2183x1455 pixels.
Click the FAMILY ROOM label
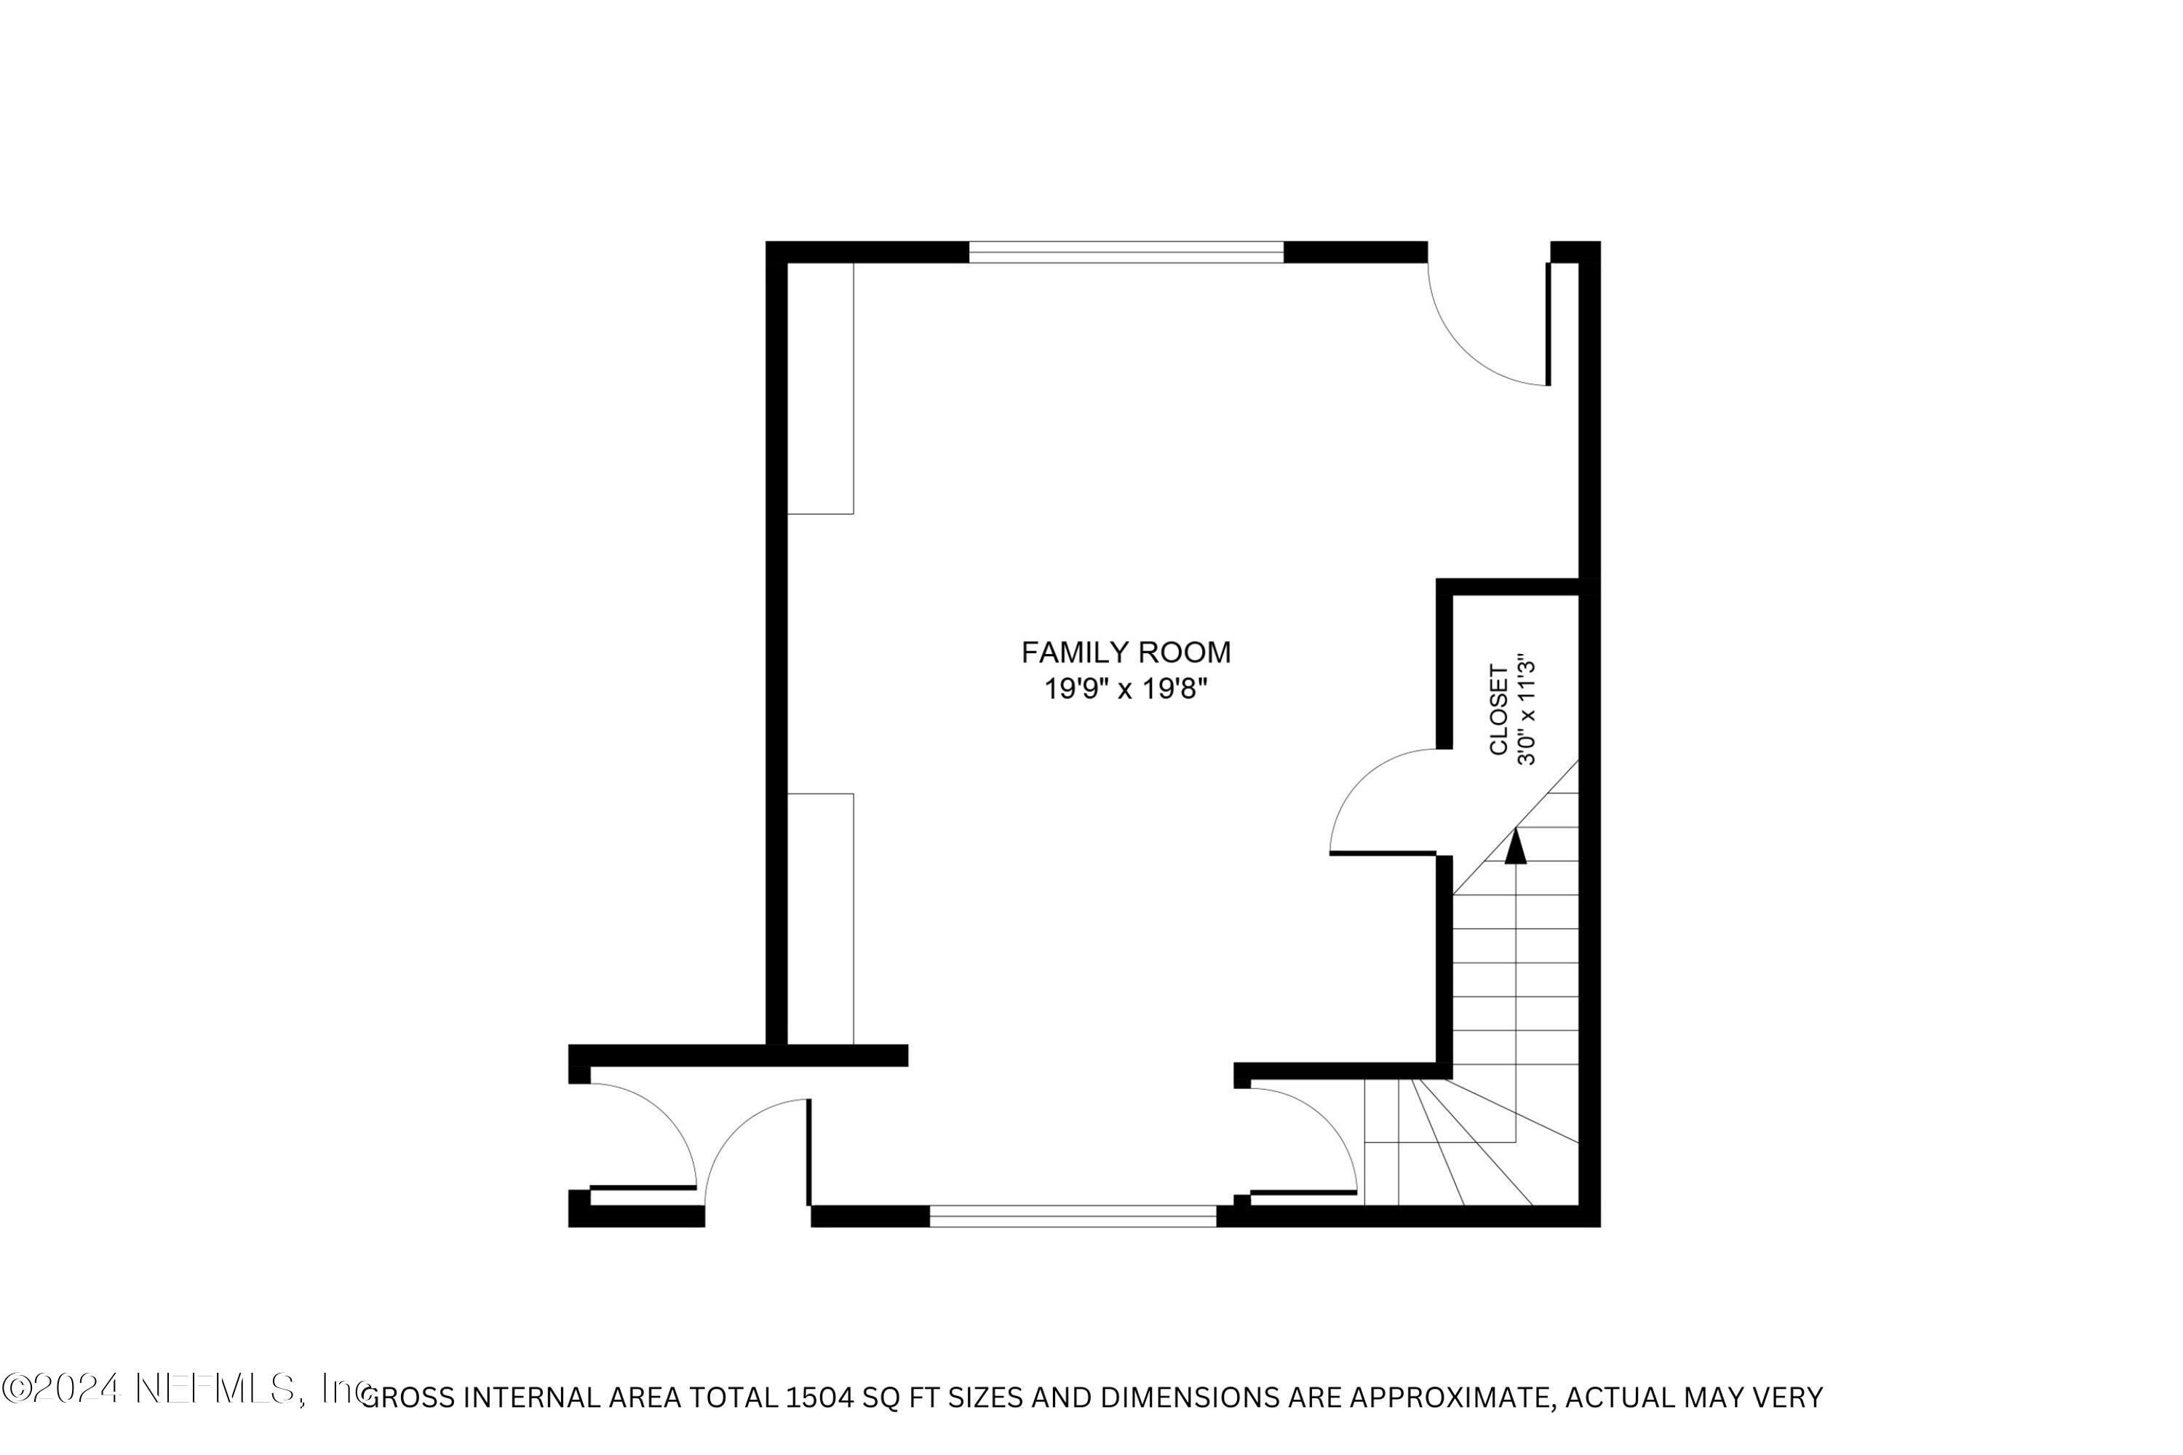(x=1126, y=653)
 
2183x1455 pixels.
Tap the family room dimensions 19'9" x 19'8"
(x=1126, y=690)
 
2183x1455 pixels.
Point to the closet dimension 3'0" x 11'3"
(x=1526, y=711)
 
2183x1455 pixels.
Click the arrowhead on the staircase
(x=1516, y=845)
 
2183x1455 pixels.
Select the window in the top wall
(x=1126, y=252)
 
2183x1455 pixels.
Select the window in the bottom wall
(x=1073, y=1216)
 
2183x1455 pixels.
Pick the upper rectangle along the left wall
(x=821, y=388)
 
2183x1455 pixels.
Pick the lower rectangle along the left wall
(x=821, y=919)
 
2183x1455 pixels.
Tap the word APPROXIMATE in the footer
(x=1452, y=1398)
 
